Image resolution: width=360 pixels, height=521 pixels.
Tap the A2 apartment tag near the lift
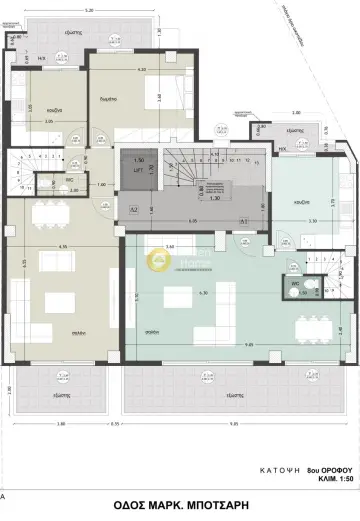[135, 210]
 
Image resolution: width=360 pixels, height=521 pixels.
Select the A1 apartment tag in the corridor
[242, 220]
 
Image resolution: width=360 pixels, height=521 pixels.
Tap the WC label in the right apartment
[295, 284]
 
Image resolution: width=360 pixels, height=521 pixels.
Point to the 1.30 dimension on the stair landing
[215, 198]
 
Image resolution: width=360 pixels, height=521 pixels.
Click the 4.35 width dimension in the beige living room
[62, 246]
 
